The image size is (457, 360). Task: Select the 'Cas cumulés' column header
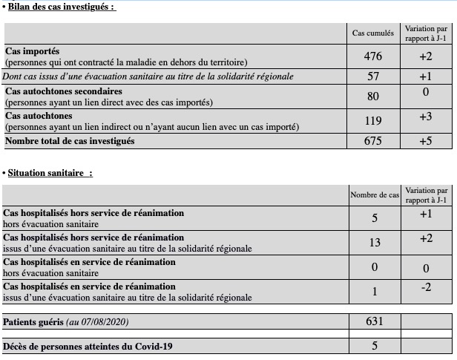[372, 33]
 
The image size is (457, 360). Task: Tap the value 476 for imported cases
[373, 56]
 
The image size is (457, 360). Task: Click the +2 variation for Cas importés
[426, 56]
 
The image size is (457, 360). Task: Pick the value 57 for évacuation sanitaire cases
[373, 76]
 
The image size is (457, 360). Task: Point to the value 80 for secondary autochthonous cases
[373, 96]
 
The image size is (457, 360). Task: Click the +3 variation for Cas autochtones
[426, 117]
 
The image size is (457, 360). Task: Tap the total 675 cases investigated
[373, 142]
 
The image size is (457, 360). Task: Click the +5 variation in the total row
[426, 141]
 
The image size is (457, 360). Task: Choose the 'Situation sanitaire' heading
[50, 173]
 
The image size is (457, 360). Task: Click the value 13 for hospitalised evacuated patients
[374, 243]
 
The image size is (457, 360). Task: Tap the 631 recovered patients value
[374, 321]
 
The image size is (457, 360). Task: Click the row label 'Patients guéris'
[33, 322]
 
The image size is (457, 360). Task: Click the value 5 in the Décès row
[374, 346]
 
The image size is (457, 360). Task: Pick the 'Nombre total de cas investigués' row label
[70, 141]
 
